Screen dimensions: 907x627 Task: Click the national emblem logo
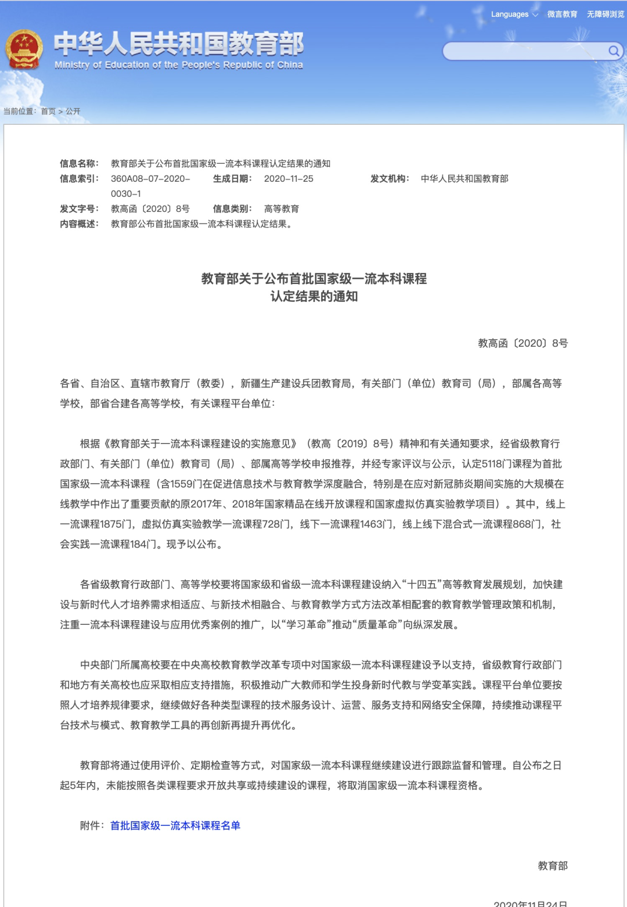(24, 50)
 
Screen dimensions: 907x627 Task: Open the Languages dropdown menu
(514, 15)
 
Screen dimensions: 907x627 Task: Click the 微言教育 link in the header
(562, 15)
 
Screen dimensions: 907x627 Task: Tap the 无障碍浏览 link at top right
(605, 15)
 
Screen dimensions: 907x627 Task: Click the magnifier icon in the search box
(613, 51)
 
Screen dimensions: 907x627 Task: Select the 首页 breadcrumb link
(48, 111)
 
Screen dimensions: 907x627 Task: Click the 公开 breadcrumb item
(73, 111)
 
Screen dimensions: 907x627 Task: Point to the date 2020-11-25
(289, 179)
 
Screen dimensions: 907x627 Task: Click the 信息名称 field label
(79, 164)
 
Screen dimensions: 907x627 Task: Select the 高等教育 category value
(282, 209)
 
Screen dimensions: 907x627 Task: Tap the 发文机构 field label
(390, 179)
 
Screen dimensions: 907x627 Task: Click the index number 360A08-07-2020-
(150, 179)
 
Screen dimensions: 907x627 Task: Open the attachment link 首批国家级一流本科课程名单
(175, 826)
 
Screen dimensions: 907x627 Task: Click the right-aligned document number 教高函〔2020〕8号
(522, 344)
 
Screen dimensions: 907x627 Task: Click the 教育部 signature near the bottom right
(552, 866)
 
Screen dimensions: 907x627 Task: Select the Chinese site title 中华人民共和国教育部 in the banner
(179, 44)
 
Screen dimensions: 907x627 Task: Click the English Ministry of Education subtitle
(179, 65)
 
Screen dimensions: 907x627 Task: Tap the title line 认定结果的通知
(313, 297)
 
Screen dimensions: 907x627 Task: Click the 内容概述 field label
(79, 224)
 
